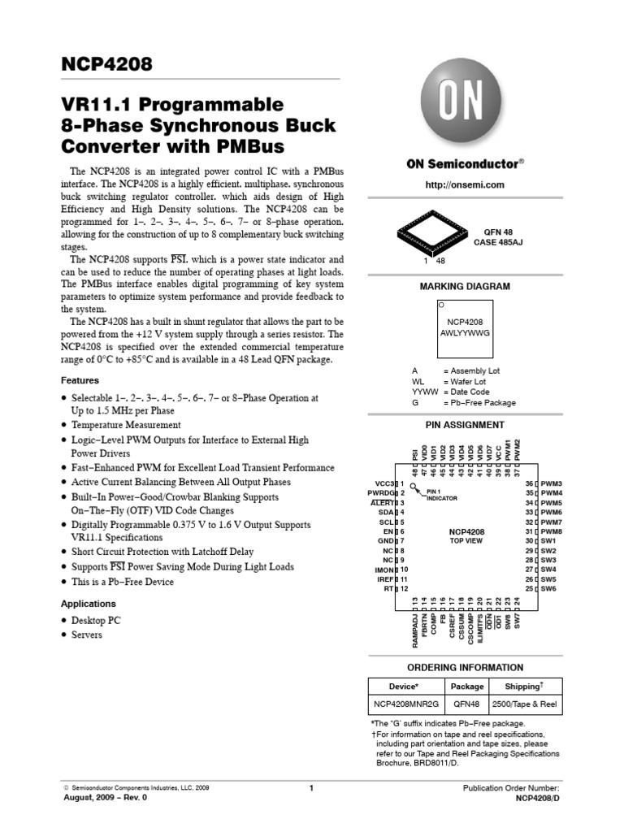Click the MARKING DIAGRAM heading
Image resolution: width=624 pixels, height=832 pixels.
466,286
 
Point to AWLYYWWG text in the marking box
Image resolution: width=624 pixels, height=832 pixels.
466,332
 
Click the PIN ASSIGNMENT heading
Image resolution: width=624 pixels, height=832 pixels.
466,425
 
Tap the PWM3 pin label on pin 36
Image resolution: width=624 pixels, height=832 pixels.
552,483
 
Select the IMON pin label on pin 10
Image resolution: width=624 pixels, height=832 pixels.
385,570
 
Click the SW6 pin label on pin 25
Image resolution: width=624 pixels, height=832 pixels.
548,588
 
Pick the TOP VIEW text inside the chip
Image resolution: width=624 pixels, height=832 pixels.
466,540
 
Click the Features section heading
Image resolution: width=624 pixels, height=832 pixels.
80,380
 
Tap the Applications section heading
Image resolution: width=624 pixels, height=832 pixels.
89,604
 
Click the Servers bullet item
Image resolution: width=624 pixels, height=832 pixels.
87,635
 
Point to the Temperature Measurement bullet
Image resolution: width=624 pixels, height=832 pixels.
126,425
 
